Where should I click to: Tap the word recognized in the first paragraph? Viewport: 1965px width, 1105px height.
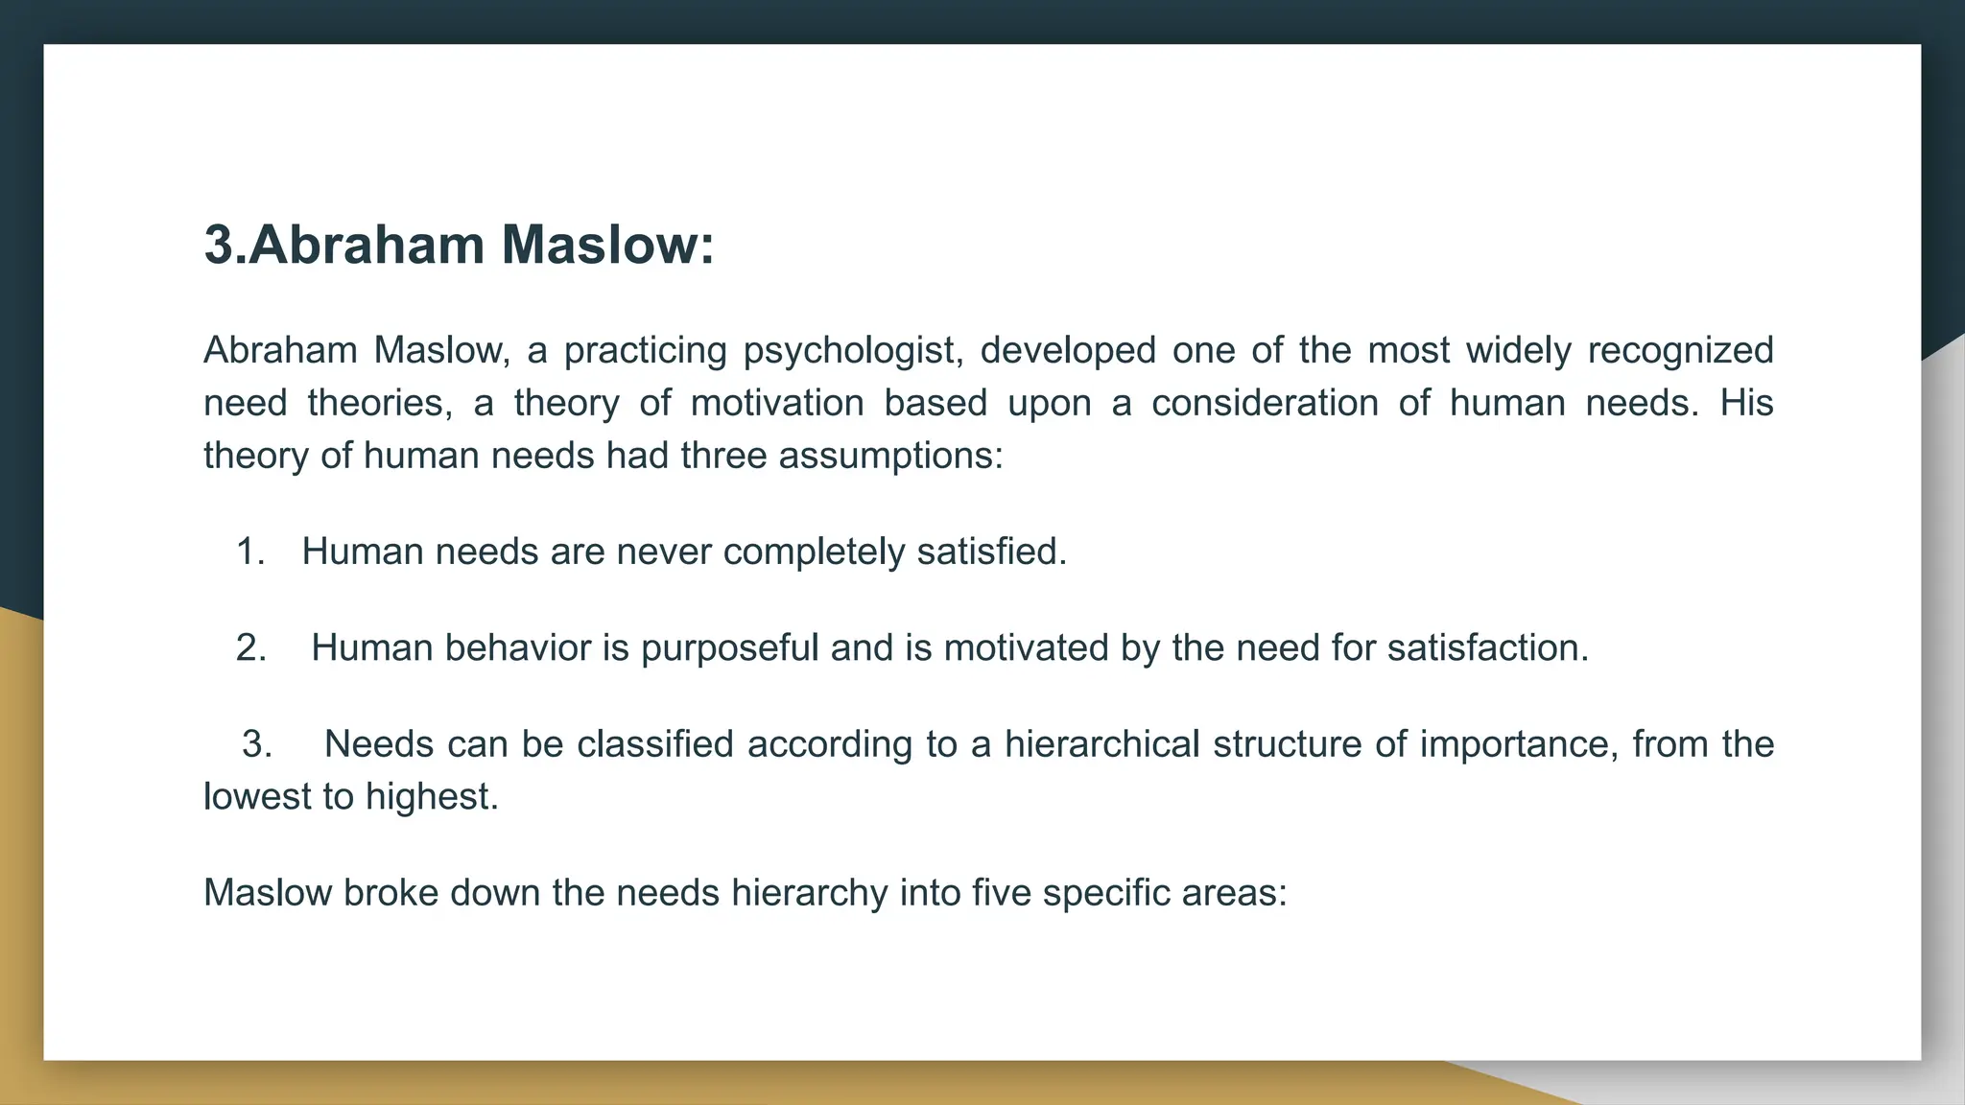pos(1680,351)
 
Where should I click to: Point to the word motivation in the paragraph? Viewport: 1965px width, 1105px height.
pos(777,403)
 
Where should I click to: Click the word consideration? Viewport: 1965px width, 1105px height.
pos(1265,403)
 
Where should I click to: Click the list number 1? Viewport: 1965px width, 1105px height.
pos(249,552)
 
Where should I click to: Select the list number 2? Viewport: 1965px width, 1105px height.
pos(250,648)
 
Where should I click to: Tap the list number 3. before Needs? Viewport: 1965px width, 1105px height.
pos(256,744)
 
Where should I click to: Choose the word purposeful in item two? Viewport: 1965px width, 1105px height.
pos(729,649)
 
